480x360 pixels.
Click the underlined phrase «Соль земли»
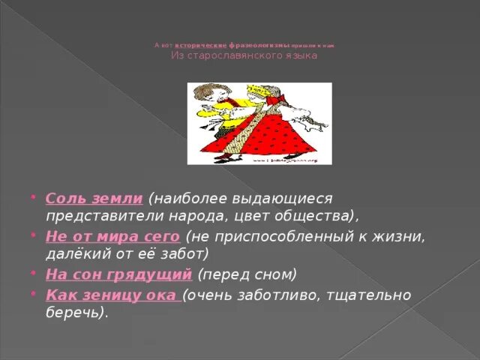point(94,199)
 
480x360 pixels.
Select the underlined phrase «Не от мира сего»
point(112,237)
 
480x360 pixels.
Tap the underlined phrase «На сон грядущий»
point(118,274)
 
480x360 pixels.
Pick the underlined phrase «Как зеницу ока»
point(114,295)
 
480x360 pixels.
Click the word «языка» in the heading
point(300,56)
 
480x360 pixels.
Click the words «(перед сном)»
point(247,274)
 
